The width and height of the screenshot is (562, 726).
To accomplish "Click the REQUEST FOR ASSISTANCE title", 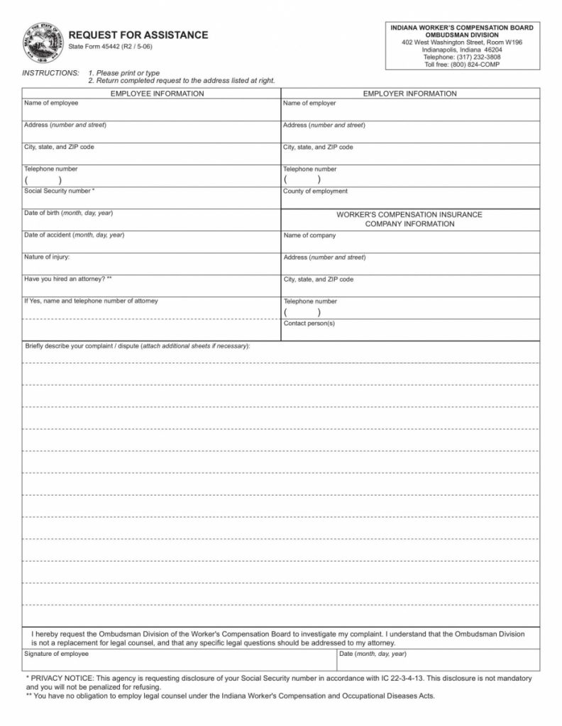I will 138,35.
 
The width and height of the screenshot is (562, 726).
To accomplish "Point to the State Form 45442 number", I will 110,47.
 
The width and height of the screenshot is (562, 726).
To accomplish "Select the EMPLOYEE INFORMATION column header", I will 158,94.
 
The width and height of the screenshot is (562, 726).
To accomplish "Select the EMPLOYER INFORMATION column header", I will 409,94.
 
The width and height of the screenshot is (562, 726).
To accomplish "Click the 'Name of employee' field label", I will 51,104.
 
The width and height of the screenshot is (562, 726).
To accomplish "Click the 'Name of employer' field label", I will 309,104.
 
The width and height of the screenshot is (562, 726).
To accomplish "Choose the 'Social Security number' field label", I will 60,191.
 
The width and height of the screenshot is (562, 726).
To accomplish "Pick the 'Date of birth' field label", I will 68,213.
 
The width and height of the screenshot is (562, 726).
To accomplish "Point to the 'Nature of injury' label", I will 47,257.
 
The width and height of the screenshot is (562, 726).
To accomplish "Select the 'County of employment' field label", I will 315,191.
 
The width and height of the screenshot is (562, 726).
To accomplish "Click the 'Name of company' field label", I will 309,235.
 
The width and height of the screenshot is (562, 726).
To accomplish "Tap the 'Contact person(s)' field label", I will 309,323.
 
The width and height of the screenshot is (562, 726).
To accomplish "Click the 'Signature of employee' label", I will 57,654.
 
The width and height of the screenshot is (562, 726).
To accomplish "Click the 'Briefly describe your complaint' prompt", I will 82,346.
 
